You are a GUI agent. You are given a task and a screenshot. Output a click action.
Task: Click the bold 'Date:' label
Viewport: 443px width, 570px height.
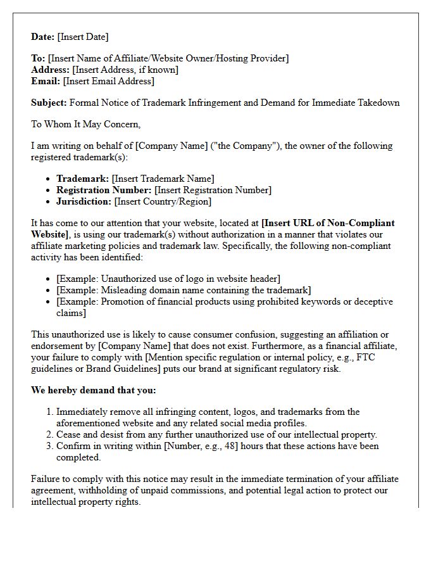point(43,37)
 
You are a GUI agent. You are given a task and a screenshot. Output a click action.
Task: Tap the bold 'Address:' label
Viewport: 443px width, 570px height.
point(51,70)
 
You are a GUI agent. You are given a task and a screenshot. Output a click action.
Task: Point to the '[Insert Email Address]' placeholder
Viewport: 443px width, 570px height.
point(108,81)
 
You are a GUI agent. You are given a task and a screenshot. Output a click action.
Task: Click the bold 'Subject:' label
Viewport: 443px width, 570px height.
point(49,103)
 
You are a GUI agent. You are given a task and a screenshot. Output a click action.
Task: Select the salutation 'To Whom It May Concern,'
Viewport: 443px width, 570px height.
point(86,124)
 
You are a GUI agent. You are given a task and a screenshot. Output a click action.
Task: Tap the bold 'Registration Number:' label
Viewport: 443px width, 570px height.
point(104,190)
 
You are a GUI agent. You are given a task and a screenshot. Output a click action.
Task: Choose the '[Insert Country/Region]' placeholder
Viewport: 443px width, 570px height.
point(163,201)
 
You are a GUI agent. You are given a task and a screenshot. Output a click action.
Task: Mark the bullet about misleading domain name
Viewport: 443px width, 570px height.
point(184,290)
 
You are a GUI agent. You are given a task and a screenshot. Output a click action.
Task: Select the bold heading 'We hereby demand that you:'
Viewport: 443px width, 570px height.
point(93,390)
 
